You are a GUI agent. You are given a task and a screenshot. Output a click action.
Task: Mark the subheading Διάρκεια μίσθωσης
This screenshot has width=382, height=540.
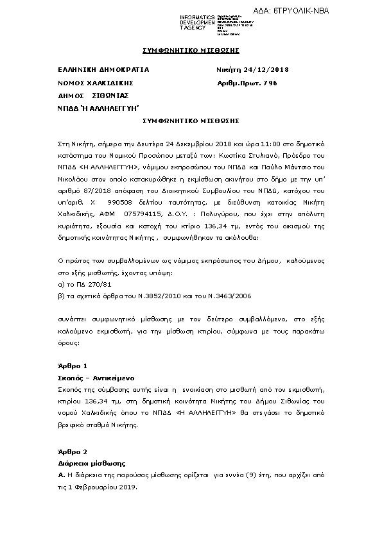tap(91, 463)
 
